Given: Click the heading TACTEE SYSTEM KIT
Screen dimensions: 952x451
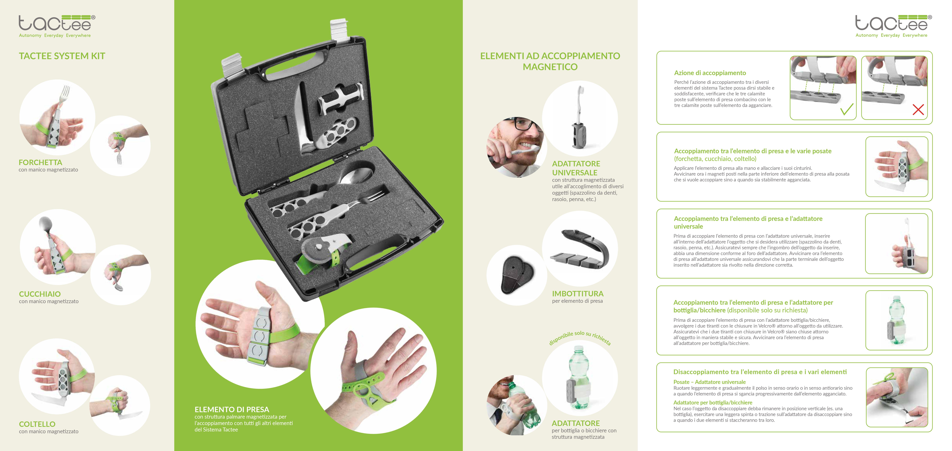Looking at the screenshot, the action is (62, 56).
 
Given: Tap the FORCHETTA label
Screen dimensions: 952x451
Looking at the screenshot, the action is (40, 162).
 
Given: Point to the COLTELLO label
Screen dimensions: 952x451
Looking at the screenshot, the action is (37, 424).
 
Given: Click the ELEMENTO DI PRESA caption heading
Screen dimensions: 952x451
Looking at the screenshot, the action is (232, 409).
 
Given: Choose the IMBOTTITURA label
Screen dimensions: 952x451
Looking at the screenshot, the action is (578, 294).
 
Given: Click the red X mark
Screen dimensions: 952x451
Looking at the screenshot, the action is (918, 109).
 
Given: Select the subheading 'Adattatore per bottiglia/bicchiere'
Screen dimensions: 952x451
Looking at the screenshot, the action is (712, 403).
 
